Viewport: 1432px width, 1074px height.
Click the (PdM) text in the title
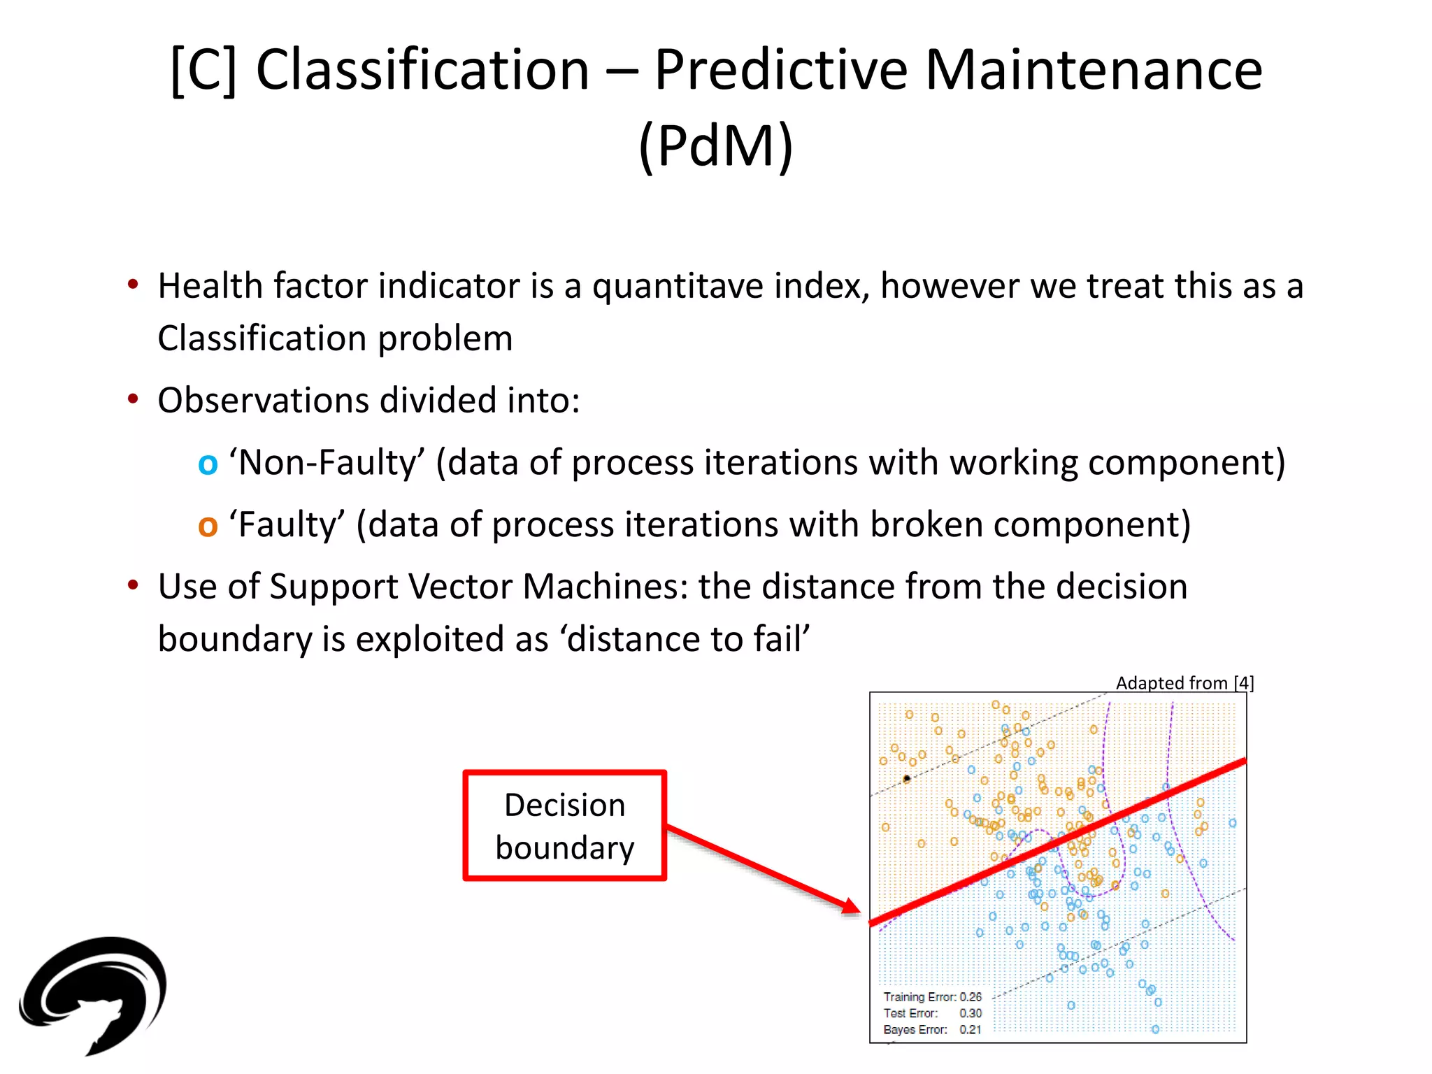[716, 145]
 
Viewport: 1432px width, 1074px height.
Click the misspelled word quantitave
[727, 287]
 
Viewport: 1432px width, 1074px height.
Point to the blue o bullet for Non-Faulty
[208, 464]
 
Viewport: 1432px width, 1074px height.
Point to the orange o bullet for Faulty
[208, 526]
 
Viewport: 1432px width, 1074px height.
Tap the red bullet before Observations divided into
[133, 400]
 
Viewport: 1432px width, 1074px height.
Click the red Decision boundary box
[564, 826]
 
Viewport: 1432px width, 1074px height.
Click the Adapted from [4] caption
[1184, 683]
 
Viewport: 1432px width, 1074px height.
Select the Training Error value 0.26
[971, 997]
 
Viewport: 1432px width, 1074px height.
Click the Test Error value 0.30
[971, 1013]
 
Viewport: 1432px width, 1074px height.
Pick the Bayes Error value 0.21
[971, 1030]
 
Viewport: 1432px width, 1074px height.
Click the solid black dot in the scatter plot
[907, 778]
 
